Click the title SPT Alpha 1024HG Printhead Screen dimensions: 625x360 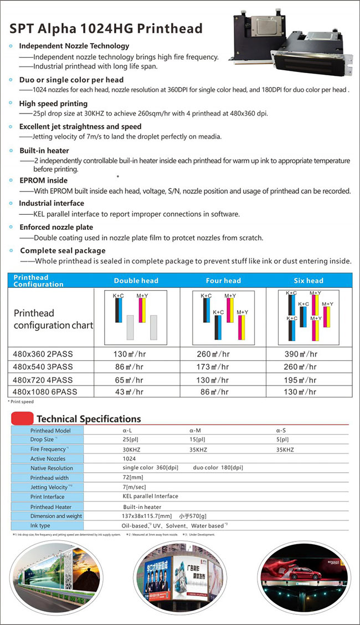pyautogui.click(x=106, y=29)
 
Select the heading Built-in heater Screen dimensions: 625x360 pyautogui.click(x=44, y=151)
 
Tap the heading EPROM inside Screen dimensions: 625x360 pyautogui.click(x=43, y=180)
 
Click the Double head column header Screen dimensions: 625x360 pyautogui.click(x=136, y=281)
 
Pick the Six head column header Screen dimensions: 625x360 pyautogui.click(x=308, y=281)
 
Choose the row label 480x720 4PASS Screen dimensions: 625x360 pyautogui.click(x=43, y=380)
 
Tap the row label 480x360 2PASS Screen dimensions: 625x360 pyautogui.click(x=43, y=354)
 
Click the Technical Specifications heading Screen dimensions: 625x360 pyautogui.click(x=89, y=419)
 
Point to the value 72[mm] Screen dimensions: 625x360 pyautogui.click(x=133, y=477)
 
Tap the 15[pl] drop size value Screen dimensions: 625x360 pyautogui.click(x=197, y=440)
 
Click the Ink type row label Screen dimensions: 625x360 pyautogui.click(x=40, y=525)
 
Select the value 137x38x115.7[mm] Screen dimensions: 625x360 pyautogui.click(x=147, y=516)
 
